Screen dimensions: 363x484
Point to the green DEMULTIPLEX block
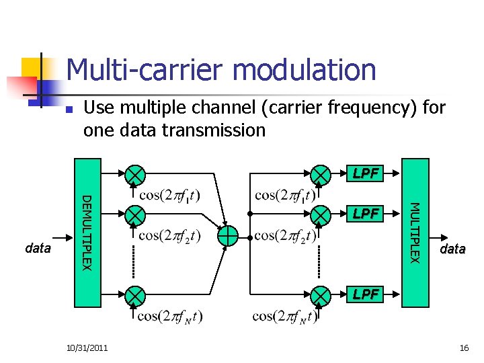click(87, 232)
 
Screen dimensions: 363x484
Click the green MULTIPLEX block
click(415, 232)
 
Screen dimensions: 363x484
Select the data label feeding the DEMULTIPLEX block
click(38, 248)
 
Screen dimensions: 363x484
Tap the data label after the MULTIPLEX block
click(452, 249)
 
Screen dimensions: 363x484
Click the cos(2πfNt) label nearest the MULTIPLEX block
click(284, 315)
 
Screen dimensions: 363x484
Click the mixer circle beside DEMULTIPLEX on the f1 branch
click(135, 174)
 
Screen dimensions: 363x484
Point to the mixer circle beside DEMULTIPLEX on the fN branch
click(135, 294)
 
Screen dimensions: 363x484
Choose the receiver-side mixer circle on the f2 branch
click(322, 214)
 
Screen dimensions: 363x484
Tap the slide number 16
click(463, 348)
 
